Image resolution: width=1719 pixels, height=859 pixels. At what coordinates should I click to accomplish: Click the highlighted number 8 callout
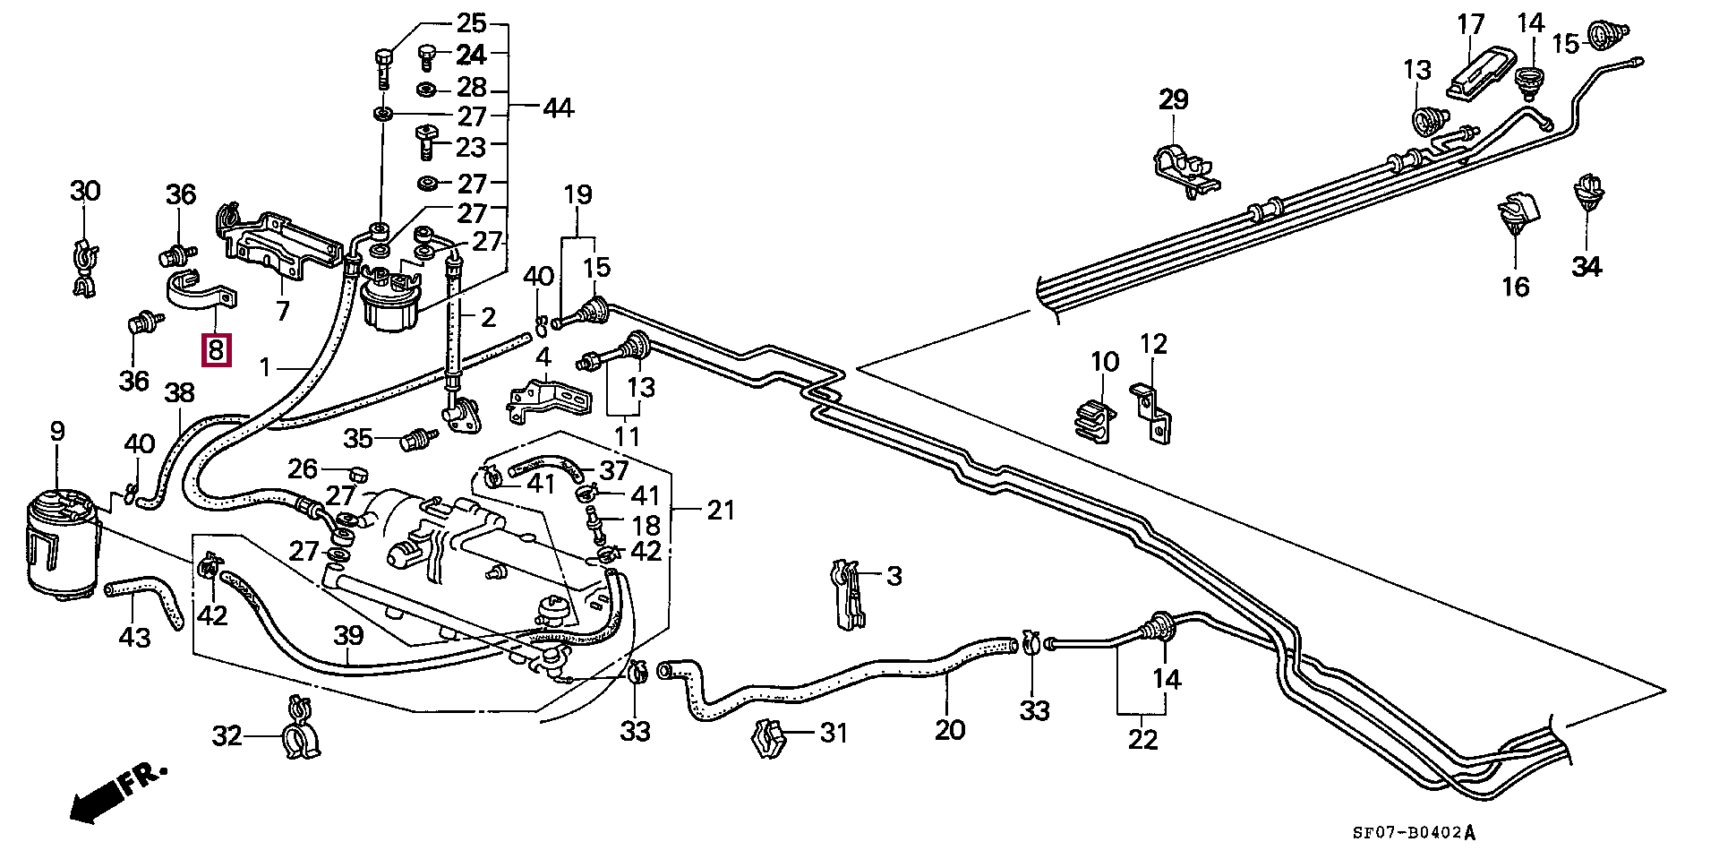(x=216, y=348)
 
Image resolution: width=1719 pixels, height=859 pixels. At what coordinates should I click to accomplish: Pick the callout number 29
(x=1173, y=99)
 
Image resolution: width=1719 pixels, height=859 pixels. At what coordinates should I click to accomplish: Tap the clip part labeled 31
(x=770, y=738)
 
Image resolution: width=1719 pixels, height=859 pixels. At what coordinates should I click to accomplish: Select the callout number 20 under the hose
(x=950, y=730)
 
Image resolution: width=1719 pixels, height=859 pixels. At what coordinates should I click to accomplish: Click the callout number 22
(x=1143, y=740)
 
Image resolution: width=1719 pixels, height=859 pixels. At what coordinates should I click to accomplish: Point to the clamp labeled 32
(x=298, y=726)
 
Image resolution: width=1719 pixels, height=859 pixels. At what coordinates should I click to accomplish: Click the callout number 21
(x=720, y=511)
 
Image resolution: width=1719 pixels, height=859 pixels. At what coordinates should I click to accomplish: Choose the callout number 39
(x=348, y=636)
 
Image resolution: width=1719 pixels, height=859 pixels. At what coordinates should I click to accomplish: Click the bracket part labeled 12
(x=1153, y=414)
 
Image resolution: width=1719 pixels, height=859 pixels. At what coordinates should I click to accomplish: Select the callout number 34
(x=1586, y=266)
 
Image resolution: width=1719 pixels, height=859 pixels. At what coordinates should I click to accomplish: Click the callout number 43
(x=135, y=637)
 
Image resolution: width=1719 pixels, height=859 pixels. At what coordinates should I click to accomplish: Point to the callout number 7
(x=283, y=312)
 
